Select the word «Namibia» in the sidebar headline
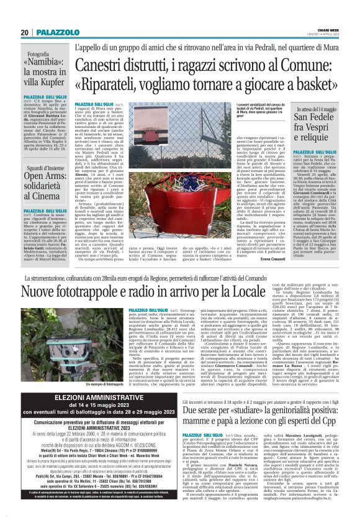pos(43,64)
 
